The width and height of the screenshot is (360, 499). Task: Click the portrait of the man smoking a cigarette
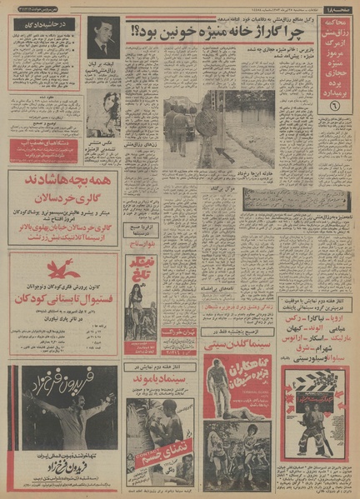pos(103,37)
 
